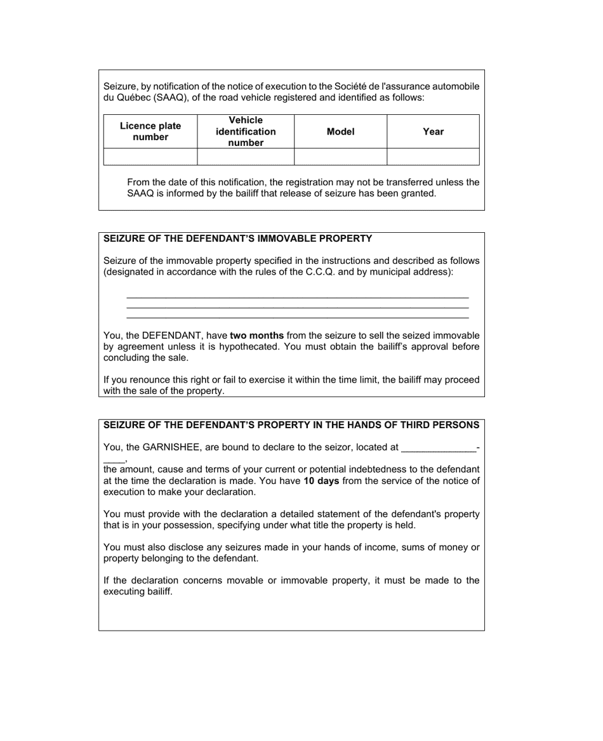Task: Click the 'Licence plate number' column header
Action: pos(150,131)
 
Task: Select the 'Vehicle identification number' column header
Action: pos(246,131)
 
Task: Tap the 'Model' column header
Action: pos(340,132)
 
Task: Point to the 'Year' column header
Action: pos(433,132)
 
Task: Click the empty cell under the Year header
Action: pos(433,157)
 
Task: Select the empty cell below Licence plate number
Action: pos(150,157)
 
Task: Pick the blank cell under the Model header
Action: pos(340,157)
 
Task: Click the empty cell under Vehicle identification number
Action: pos(246,157)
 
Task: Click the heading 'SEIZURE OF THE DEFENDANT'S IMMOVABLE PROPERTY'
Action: pos(238,239)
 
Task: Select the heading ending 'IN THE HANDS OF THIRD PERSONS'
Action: pos(291,424)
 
